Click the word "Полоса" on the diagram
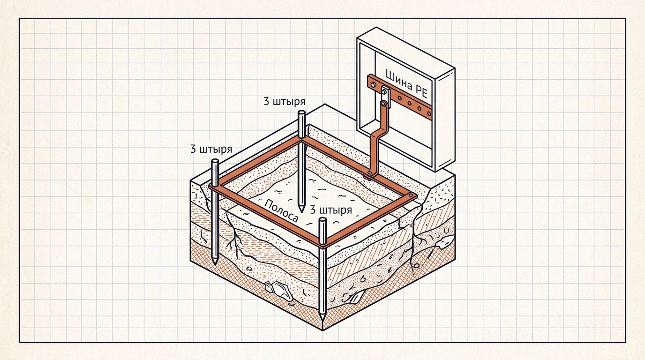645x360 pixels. click(x=281, y=211)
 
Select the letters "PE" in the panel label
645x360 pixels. click(x=421, y=91)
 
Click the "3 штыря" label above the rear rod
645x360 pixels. click(x=285, y=102)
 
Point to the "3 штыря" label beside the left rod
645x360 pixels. click(x=211, y=149)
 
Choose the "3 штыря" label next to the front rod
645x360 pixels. click(x=331, y=210)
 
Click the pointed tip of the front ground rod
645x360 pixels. click(x=322, y=320)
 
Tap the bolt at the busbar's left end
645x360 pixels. click(x=374, y=85)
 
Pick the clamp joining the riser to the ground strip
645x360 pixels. click(x=369, y=175)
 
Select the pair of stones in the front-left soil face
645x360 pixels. click(x=277, y=289)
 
